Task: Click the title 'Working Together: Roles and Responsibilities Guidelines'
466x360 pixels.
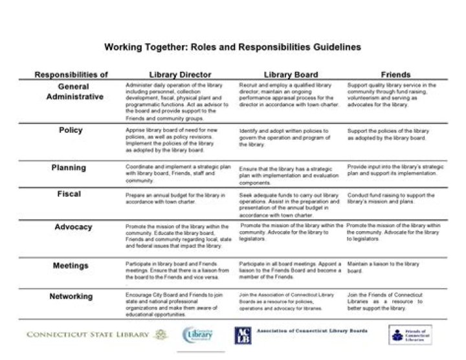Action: [233, 47]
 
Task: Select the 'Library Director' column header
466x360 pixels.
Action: [180, 74]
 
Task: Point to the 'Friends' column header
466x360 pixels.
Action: [395, 74]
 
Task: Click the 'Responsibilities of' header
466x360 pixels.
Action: [71, 74]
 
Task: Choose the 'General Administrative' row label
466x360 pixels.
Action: [74, 91]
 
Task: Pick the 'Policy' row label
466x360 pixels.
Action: [71, 130]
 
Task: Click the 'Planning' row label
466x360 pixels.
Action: [69, 168]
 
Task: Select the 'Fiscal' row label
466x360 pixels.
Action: [69, 194]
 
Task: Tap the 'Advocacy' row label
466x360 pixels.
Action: [73, 227]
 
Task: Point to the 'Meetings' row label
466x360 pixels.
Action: [71, 265]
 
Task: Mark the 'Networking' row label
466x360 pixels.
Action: [71, 297]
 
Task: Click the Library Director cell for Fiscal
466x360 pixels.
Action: [175, 197]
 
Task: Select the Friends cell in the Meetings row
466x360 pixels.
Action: [383, 267]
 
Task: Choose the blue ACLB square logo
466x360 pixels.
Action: [243, 335]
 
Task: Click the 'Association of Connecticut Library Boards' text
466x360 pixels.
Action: [312, 331]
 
